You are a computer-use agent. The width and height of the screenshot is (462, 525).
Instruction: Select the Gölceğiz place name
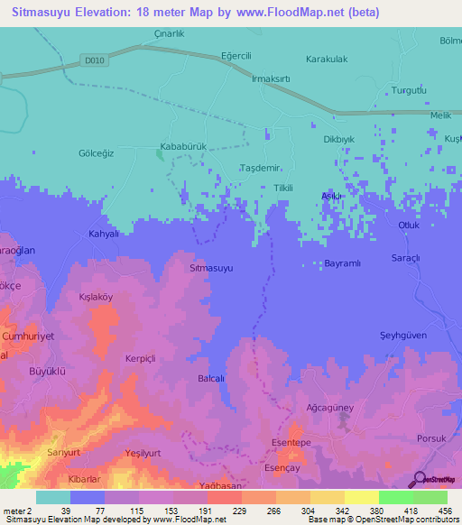tap(97, 153)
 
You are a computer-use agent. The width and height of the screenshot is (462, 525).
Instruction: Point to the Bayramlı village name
tap(342, 264)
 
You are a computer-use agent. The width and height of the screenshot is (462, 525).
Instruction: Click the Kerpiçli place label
tap(141, 358)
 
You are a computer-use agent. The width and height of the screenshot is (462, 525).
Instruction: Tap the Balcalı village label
tap(210, 379)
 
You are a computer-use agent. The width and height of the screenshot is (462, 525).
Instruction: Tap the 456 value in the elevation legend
tap(445, 510)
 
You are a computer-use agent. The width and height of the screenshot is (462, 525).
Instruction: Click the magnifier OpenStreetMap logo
tap(420, 480)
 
